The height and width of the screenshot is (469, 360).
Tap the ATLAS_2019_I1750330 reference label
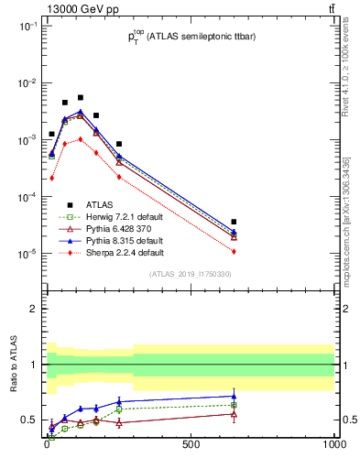190,274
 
